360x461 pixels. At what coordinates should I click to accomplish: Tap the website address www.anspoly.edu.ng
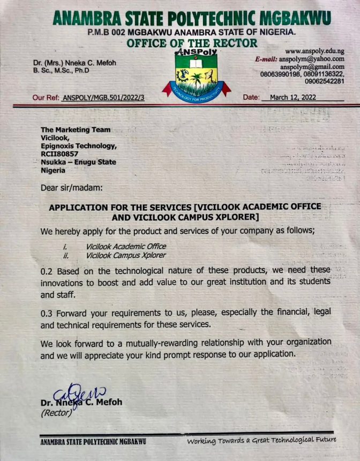[x=314, y=51]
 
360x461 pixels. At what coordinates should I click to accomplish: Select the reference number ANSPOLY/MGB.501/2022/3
[x=103, y=98]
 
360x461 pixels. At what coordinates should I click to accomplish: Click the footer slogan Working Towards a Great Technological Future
[x=261, y=441]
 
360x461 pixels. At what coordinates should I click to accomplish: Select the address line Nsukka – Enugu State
[x=79, y=162]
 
